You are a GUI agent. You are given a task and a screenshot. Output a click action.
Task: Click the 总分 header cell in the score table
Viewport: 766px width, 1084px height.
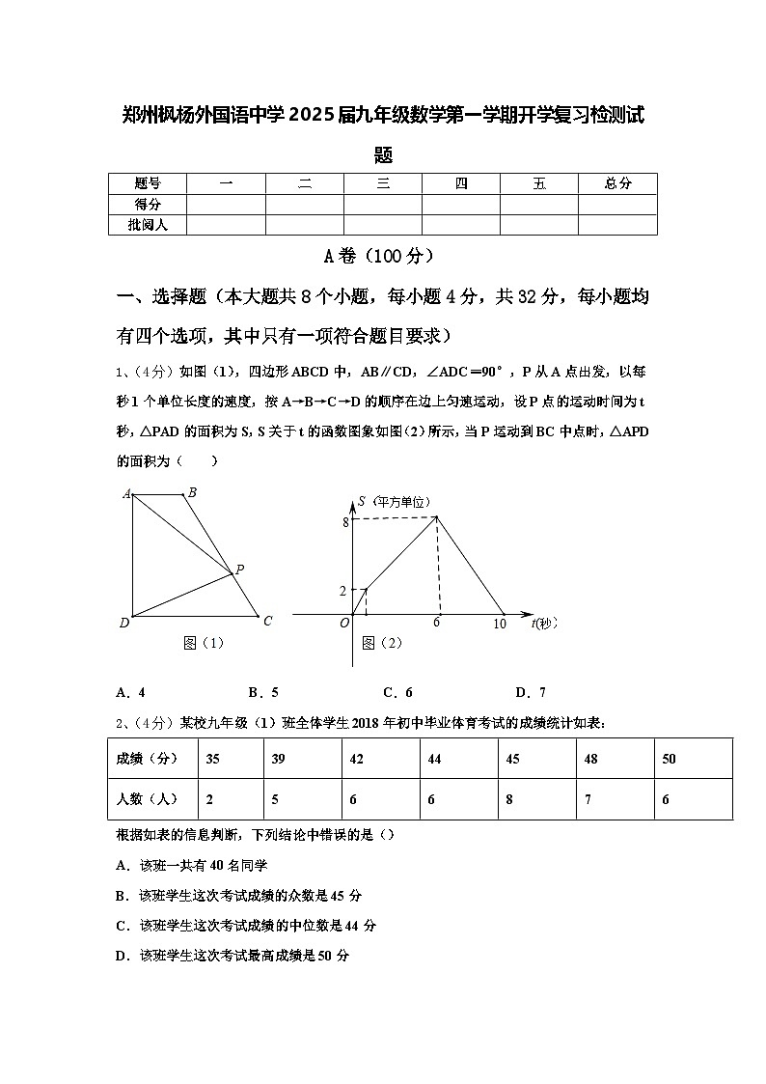[617, 183]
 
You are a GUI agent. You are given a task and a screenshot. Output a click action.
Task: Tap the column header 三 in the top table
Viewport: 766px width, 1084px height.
[383, 183]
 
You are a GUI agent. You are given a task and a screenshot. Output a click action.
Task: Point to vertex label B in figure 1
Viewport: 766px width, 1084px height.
[192, 492]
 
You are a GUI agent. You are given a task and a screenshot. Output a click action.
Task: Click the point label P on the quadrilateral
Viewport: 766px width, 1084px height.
[239, 570]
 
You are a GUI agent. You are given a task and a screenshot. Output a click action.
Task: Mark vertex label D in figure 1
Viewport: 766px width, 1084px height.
[124, 623]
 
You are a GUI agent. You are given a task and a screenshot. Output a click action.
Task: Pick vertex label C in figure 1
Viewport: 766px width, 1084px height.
[267, 621]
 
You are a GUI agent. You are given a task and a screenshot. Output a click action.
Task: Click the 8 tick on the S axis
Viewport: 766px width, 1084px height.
[343, 522]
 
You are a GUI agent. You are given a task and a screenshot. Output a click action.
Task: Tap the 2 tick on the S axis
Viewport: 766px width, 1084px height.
[343, 590]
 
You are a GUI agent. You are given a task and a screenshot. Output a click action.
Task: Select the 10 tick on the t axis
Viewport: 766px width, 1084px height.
[499, 625]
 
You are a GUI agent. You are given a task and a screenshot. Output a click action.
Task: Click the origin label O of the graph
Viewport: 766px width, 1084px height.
[343, 624]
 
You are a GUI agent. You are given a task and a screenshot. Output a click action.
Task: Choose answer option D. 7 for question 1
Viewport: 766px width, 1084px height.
[531, 692]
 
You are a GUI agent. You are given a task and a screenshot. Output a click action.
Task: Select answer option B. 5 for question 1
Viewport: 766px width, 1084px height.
[263, 692]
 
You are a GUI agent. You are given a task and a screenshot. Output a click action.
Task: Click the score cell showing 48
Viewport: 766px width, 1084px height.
[590, 759]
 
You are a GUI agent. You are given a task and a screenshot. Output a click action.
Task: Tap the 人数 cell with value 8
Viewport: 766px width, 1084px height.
[509, 799]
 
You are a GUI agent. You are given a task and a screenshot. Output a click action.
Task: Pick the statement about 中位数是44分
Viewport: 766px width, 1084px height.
[246, 926]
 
